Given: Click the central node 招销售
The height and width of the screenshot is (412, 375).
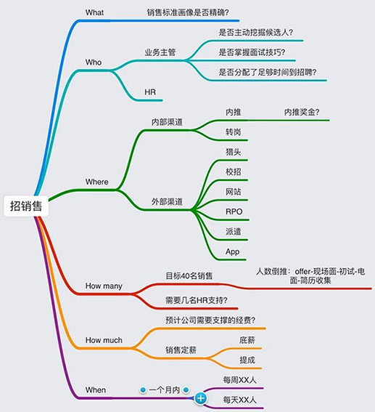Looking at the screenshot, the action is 26,206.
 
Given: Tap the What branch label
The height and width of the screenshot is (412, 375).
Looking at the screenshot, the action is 94,12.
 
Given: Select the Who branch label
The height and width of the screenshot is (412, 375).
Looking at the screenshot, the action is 94,62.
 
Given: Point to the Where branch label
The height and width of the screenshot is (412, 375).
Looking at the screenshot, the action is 96,182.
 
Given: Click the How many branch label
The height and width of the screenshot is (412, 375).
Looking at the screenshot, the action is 104,286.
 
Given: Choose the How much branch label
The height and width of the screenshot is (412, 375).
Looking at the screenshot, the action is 104,340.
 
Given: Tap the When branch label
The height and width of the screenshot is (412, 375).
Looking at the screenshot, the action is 96,390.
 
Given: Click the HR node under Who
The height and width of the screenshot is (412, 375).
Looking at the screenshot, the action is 150,92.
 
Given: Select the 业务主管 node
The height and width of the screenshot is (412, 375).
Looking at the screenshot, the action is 160,52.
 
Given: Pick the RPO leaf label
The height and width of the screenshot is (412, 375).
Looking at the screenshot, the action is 234,211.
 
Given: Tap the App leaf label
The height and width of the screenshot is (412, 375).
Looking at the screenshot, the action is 232,251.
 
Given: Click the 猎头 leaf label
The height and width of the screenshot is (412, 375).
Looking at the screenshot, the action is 233,152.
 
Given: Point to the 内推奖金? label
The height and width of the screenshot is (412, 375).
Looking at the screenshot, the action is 302,112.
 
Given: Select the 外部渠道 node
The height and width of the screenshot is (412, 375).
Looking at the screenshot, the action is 167,202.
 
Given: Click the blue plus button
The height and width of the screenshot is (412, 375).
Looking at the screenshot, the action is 201,398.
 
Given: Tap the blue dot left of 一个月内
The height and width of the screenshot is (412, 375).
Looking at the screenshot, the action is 143,390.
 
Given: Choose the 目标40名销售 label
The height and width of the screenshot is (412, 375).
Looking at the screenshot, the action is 189,276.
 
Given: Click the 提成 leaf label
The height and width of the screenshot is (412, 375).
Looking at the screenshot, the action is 247,360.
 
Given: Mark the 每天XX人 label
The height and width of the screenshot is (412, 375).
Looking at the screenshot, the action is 239,400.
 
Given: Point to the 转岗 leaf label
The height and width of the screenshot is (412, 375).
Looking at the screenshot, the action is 233,132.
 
